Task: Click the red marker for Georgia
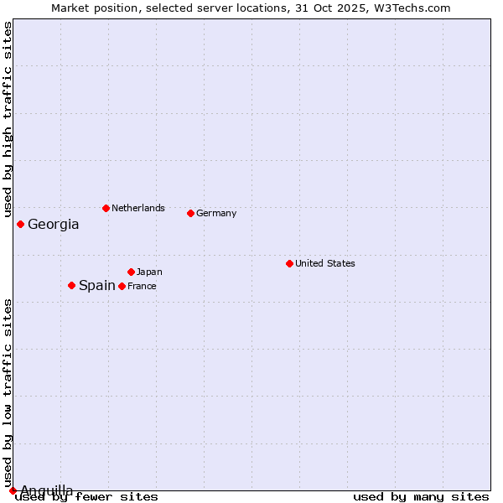point(20,224)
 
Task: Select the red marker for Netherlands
point(106,208)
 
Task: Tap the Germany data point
point(190,213)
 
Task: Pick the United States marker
point(289,263)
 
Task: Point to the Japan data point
point(131,272)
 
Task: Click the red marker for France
point(122,286)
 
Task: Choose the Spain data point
point(71,285)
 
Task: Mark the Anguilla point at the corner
point(13,490)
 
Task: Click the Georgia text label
point(54,225)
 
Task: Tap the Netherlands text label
point(138,208)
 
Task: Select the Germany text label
point(216,213)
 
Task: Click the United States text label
point(325,263)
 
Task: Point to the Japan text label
point(149,272)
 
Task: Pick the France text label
point(142,286)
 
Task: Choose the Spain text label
point(97,286)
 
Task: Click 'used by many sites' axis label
point(421,497)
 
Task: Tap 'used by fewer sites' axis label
point(86,497)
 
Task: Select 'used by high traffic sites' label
point(8,120)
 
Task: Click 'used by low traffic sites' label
point(8,392)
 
